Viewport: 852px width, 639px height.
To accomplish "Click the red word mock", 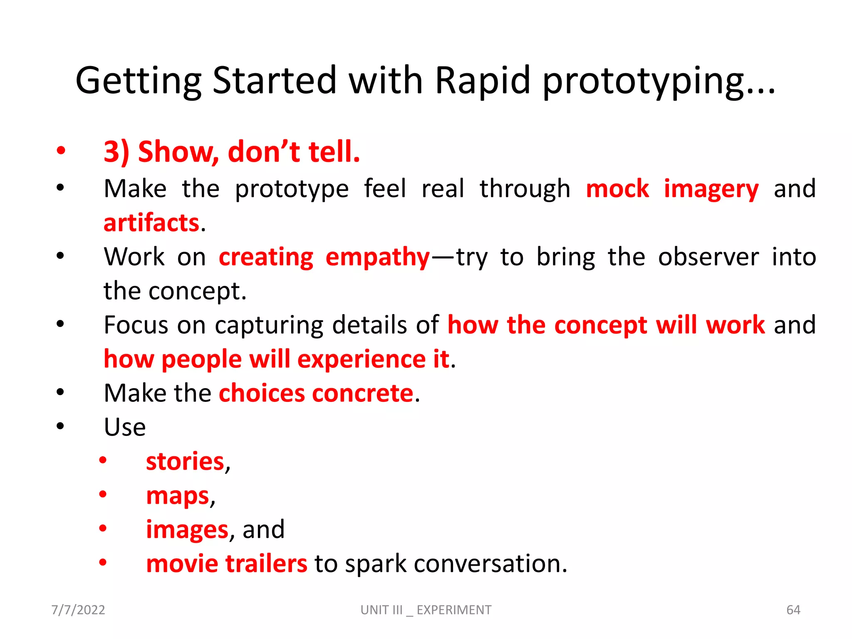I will (617, 189).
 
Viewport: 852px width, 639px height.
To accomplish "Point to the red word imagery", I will (711, 190).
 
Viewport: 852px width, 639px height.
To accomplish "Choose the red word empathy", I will (377, 258).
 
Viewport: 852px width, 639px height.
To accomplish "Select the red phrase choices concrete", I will (316, 393).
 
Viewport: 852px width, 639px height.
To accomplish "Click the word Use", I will (125, 427).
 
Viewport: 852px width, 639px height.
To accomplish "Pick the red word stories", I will (186, 462).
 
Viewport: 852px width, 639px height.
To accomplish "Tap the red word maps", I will (178, 496).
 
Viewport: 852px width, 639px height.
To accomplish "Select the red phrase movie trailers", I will (227, 564).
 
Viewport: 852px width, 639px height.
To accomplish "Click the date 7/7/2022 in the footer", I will (78, 610).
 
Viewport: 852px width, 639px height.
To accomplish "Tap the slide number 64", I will (793, 610).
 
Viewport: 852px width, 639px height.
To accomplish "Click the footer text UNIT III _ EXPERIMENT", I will (426, 610).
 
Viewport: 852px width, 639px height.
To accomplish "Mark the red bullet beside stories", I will (103, 461).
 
